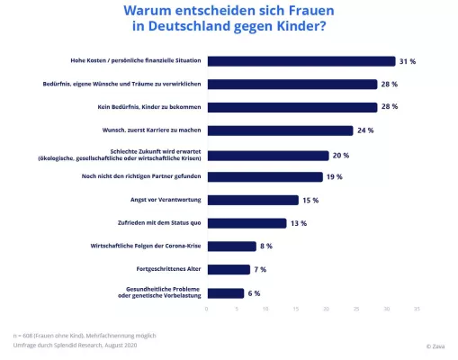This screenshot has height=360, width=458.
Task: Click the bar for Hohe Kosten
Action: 301,61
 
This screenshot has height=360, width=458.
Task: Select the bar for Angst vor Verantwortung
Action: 253,200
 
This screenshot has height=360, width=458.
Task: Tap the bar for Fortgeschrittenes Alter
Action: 229,269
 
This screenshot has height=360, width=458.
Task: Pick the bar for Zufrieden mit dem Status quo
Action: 247,223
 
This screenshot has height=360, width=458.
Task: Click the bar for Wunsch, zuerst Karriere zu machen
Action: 280,130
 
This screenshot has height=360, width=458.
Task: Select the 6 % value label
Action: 254,292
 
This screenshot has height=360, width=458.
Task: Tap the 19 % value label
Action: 335,176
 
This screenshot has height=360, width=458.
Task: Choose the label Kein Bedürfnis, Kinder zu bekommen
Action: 147,107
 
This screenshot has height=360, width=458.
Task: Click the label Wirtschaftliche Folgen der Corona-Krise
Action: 141,246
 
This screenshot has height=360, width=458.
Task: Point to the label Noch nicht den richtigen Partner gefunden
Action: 139,176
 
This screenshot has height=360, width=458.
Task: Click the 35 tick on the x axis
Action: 417,309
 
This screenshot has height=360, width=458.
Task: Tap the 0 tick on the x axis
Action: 207,309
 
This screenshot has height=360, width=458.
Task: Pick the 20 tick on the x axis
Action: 328,309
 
